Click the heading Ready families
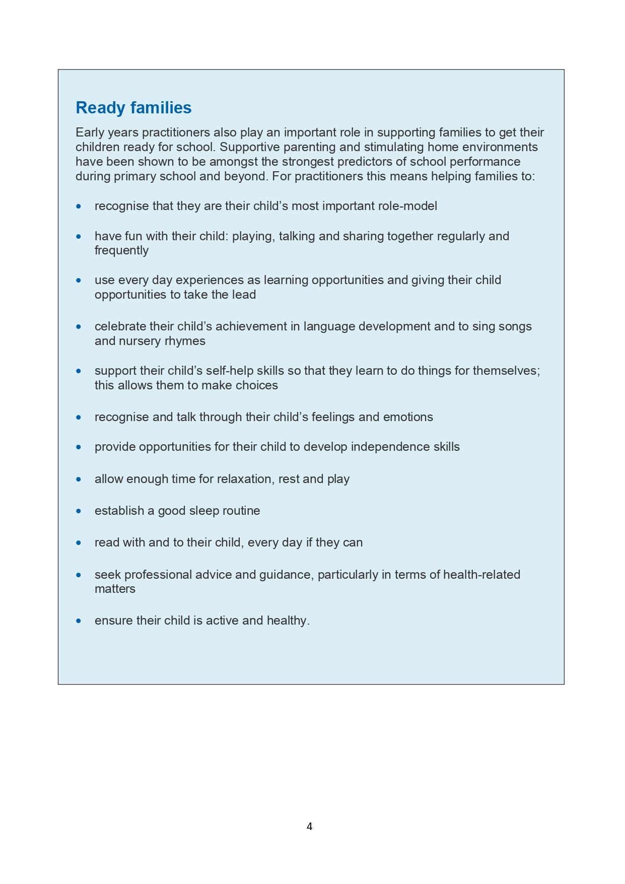point(133,108)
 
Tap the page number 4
point(309,826)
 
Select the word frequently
point(121,250)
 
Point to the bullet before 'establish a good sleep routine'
point(79,511)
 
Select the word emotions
point(408,417)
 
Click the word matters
point(115,589)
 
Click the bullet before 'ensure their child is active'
point(79,621)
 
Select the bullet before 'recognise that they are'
point(79,206)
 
